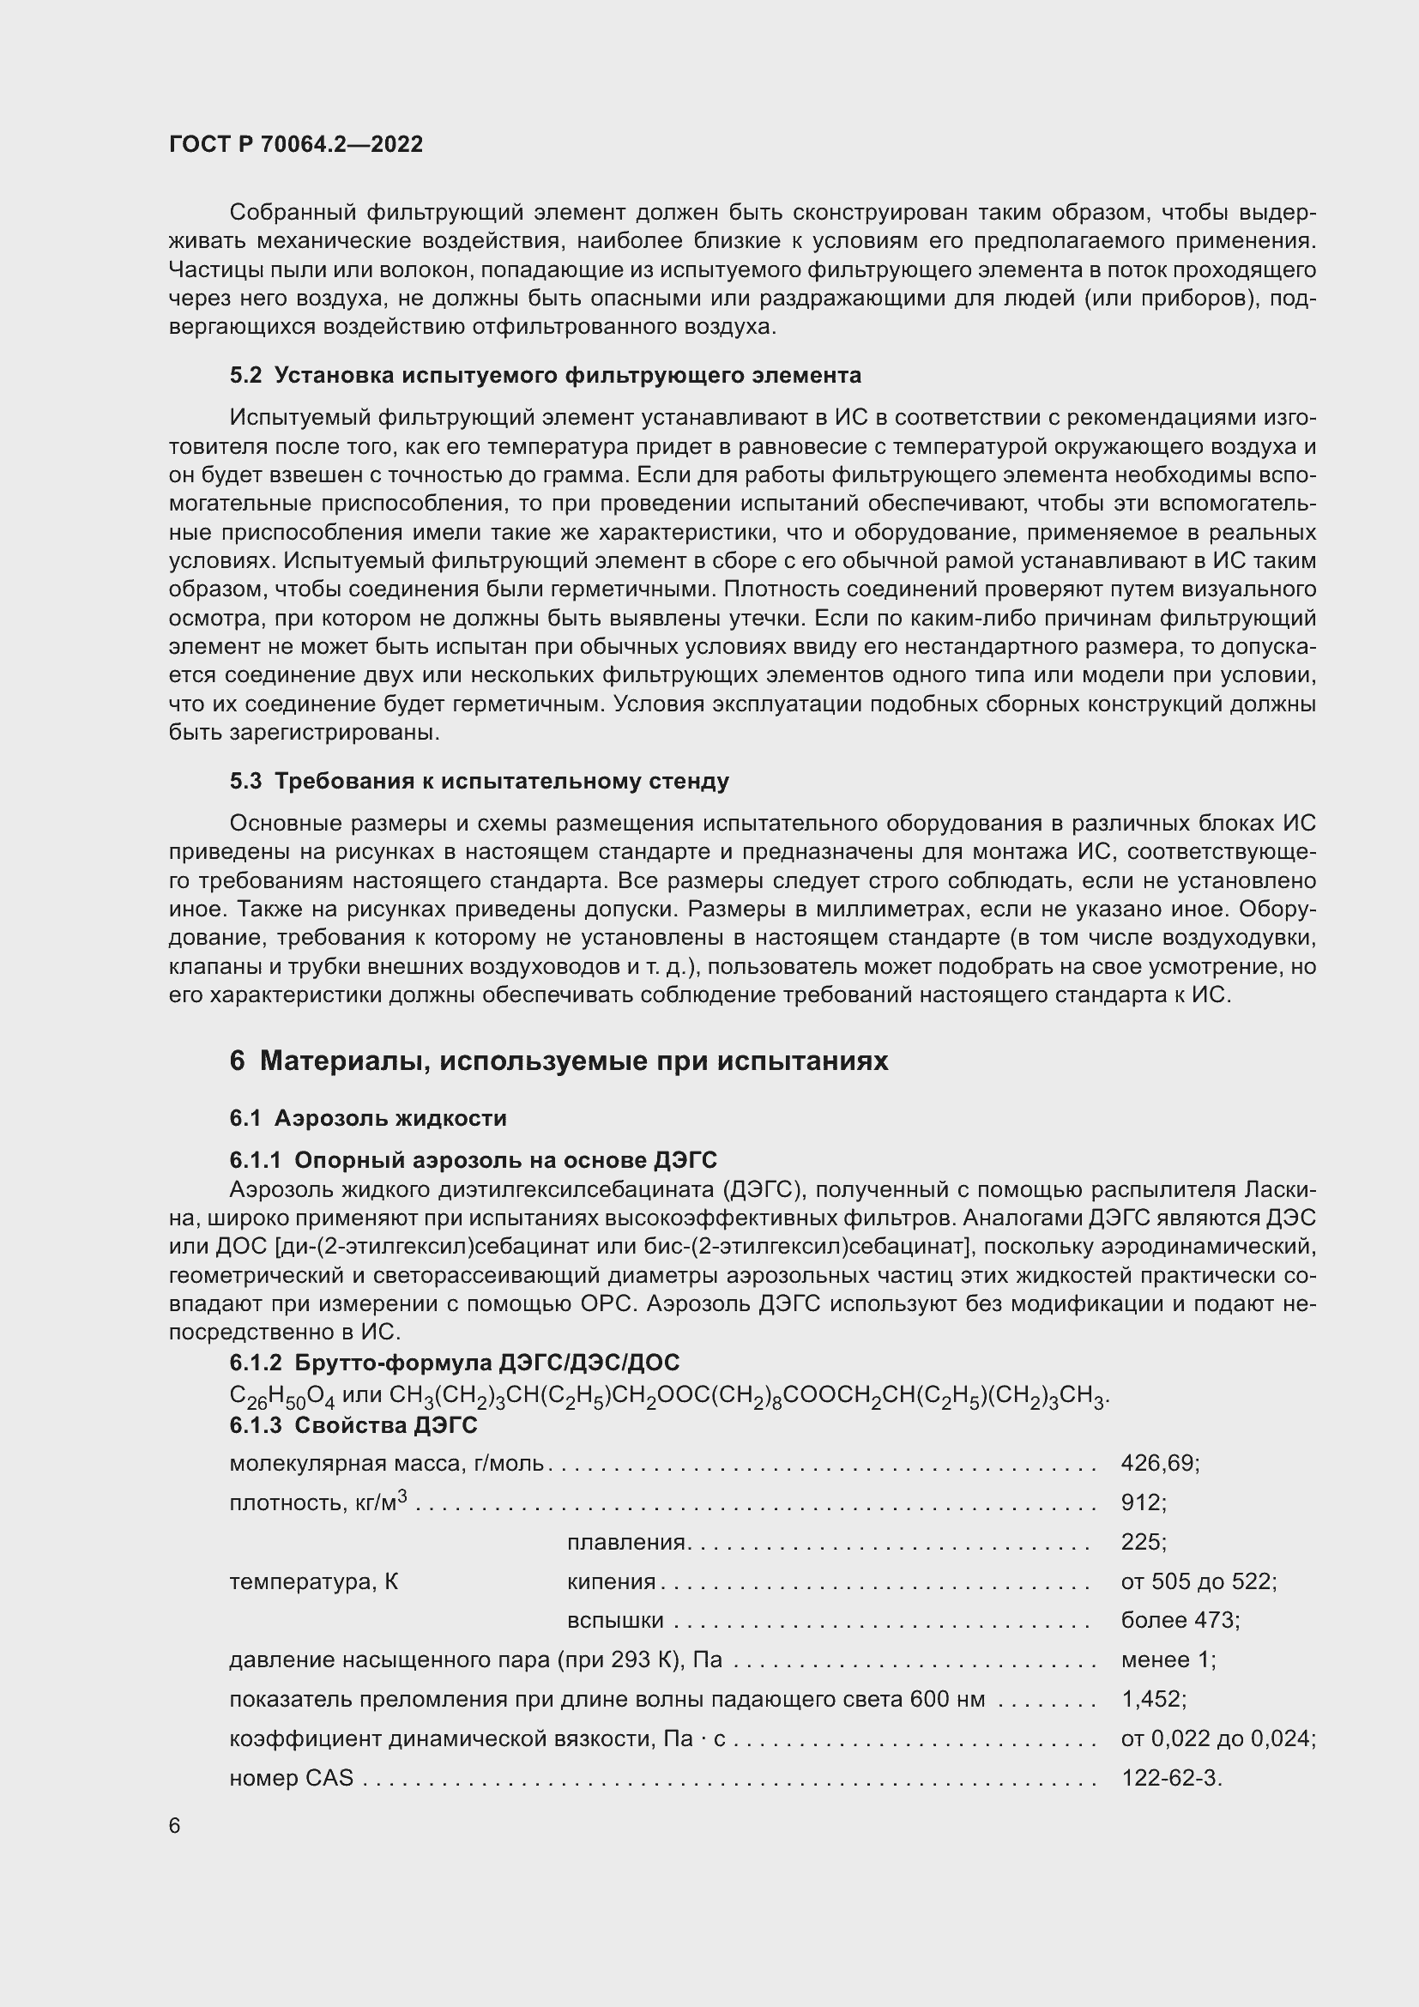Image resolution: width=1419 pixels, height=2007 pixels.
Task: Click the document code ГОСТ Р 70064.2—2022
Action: [295, 144]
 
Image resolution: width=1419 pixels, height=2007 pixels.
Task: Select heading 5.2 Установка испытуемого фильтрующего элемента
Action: [546, 375]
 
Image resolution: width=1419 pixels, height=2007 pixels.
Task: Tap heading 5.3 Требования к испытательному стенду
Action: [479, 781]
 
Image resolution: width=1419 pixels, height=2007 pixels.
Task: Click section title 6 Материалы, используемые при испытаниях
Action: [559, 1061]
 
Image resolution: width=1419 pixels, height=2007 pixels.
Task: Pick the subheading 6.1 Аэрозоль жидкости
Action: [368, 1118]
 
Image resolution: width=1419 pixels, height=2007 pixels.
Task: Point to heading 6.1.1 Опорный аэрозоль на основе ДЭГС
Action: [473, 1160]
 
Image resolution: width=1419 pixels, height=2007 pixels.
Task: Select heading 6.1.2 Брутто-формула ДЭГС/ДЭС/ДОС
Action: [455, 1363]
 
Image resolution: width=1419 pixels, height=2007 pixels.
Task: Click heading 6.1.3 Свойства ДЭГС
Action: [353, 1426]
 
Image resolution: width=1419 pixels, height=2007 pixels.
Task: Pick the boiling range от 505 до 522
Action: [1198, 1581]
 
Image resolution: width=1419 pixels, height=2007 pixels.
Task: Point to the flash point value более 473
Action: [1180, 1621]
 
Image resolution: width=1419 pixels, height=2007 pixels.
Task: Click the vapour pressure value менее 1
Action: [1168, 1660]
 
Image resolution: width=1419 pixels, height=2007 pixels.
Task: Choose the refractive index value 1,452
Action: [1152, 1699]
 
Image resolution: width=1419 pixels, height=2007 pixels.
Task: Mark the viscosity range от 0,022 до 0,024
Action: [1218, 1738]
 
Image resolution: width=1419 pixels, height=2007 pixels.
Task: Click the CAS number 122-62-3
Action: [1171, 1778]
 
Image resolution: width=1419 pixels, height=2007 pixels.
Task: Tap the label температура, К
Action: [314, 1581]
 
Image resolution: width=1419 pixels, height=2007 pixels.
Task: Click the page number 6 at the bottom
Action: [175, 1826]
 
